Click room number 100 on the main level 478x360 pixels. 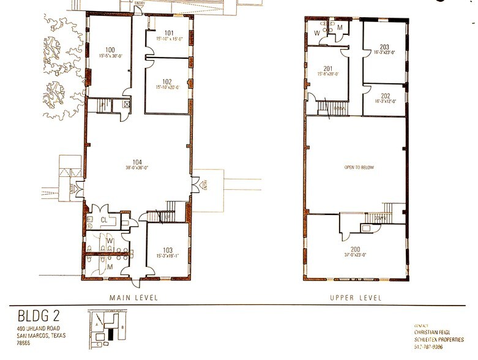pos(110,49)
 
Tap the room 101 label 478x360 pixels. pos(169,32)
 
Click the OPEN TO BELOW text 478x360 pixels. pos(359,167)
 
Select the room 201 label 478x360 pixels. pos(327,68)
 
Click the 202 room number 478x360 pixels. pos(384,96)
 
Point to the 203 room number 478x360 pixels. pos(384,47)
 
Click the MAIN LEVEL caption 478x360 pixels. pos(134,298)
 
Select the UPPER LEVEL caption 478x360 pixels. pos(357,298)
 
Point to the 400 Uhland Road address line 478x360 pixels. pos(42,329)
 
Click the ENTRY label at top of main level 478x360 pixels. pos(140,2)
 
